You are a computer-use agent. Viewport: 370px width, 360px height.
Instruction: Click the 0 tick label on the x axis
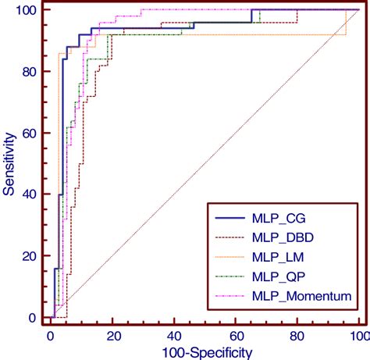point(52,335)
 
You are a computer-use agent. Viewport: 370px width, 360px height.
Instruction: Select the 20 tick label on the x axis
point(113,335)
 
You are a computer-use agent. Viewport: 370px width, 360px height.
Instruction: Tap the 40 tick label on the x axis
point(175,335)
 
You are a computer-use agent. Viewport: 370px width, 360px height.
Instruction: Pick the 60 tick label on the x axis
point(237,335)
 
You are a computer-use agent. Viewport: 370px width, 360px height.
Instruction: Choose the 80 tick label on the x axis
point(297,335)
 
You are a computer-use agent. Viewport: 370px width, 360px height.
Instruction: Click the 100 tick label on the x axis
point(358,335)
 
